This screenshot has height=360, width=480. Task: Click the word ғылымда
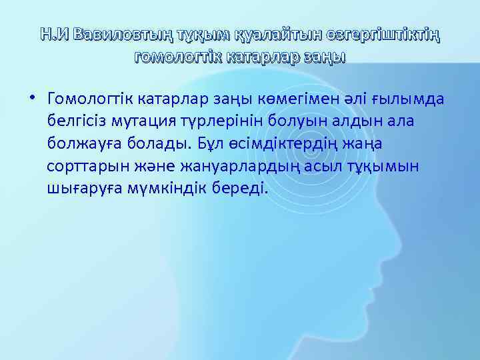click(x=409, y=100)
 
